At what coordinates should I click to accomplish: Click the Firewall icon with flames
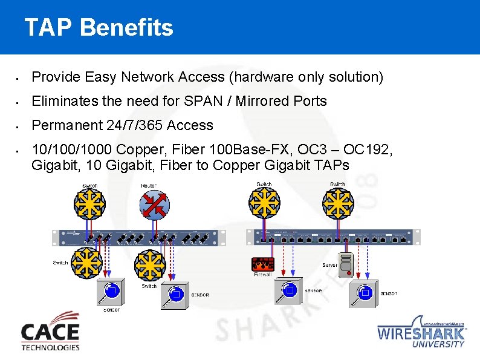coord(263,264)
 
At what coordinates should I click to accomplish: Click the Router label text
coord(149,185)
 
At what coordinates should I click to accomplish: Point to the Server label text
coord(329,265)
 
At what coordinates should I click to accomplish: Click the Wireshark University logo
coord(422,332)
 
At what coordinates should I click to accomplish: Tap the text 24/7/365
coord(129,125)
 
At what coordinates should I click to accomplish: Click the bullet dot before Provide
coord(19,78)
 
